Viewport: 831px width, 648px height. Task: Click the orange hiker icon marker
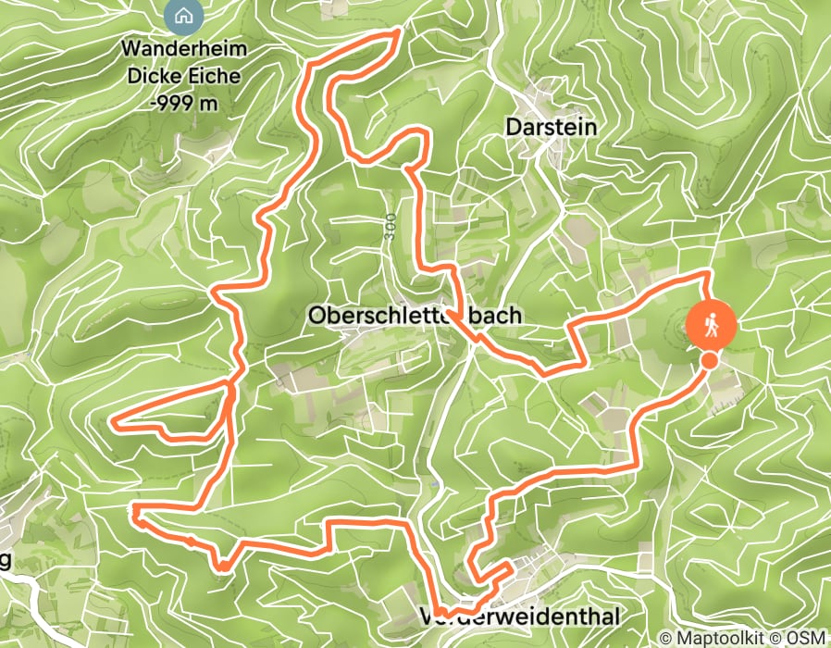[x=712, y=326]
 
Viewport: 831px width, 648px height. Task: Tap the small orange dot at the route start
[x=709, y=360]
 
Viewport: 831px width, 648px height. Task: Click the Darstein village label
[x=551, y=128]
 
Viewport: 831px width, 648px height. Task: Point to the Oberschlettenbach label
[x=414, y=316]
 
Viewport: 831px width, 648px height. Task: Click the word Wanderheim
[x=183, y=48]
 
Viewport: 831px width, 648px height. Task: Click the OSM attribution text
[x=805, y=637]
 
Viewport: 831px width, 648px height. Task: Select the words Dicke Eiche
[x=183, y=76]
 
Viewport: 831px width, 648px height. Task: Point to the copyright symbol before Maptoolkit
[x=665, y=638]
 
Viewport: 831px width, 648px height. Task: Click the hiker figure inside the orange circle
[x=712, y=325]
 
